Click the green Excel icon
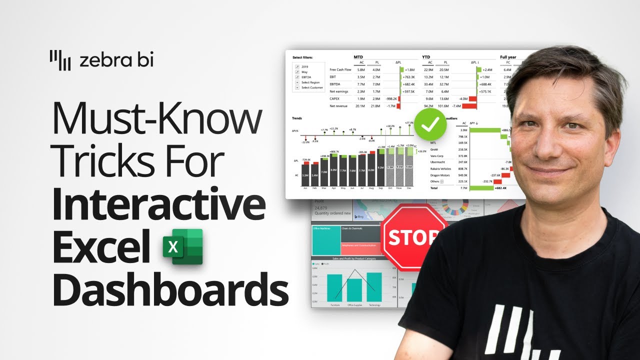[x=182, y=246]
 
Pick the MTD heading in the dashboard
[x=358, y=57]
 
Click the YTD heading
[x=427, y=57]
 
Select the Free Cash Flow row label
[x=340, y=69]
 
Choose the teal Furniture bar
[x=334, y=287]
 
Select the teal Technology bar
[x=374, y=286]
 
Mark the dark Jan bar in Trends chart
[x=305, y=175]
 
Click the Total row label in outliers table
[x=434, y=188]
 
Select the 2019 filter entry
[x=304, y=66]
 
